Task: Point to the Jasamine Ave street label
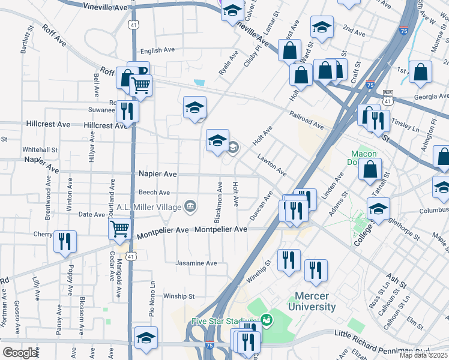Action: [196, 263]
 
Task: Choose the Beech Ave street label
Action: [154, 193]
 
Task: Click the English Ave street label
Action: [157, 50]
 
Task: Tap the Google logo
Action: [20, 352]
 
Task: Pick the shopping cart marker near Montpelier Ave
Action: [119, 229]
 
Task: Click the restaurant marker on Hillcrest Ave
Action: [127, 112]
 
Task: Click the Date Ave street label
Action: [92, 214]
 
